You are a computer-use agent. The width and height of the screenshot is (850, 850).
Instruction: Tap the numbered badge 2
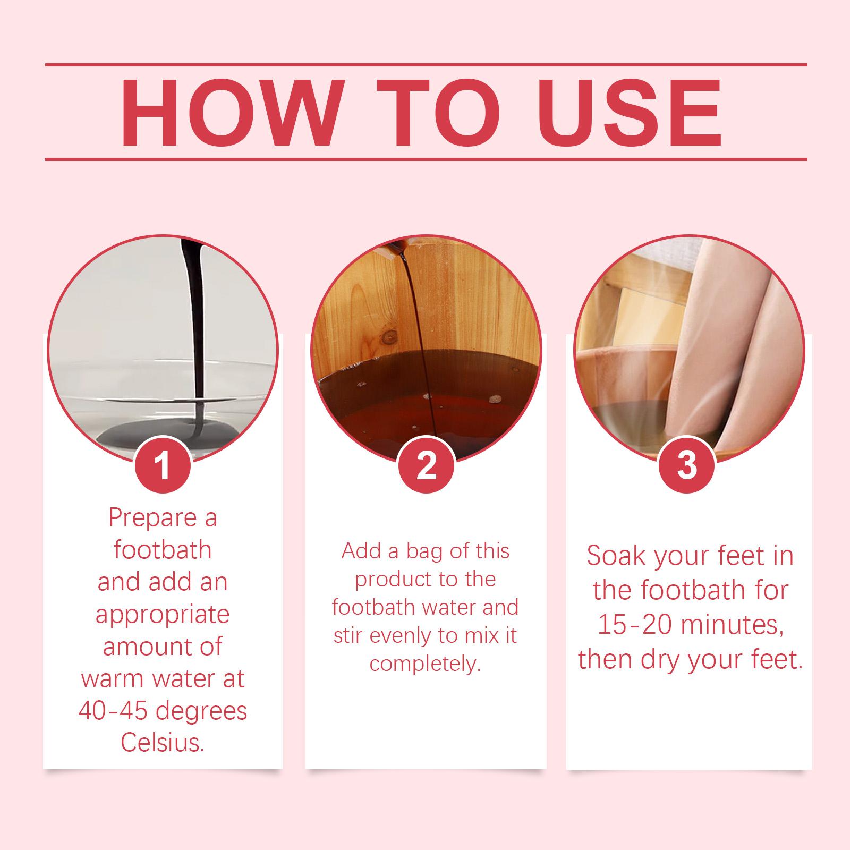coord(426,464)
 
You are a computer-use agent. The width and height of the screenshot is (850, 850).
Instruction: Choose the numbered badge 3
coord(686,464)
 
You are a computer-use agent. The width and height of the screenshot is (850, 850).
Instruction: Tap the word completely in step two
coord(425,665)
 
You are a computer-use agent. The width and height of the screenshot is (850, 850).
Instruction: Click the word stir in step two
coord(347,635)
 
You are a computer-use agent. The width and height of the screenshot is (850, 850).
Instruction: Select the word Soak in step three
coord(616,556)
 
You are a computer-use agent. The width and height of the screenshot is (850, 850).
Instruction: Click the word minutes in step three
coord(733,626)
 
